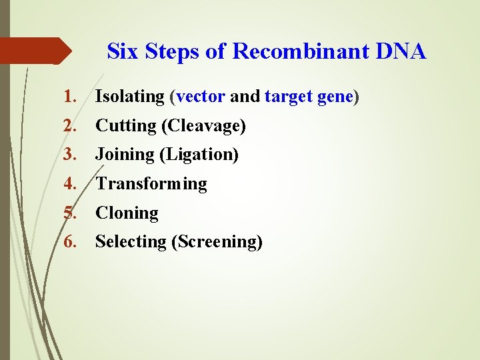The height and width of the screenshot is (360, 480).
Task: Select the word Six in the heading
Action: click(122, 51)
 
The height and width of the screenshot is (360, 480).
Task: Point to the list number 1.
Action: click(71, 97)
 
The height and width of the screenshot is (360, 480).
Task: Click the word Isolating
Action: click(129, 97)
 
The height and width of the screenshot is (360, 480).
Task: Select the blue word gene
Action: click(336, 97)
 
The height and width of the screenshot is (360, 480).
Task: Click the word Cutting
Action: click(122, 125)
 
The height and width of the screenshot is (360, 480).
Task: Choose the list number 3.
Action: click(71, 155)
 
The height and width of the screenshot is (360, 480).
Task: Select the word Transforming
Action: click(151, 183)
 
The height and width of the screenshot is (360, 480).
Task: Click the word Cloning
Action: click(127, 213)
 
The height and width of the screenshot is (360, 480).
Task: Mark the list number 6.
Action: click(71, 241)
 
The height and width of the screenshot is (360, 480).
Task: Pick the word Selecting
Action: click(131, 241)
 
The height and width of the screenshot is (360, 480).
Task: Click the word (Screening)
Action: click(217, 241)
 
